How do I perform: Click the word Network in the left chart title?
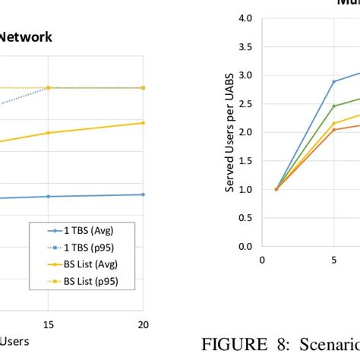pyautogui.click(x=26, y=36)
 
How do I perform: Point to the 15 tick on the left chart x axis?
pyautogui.click(x=49, y=324)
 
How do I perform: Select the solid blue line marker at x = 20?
pyautogui.click(x=144, y=194)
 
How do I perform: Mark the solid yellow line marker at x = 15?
pyautogui.click(x=49, y=133)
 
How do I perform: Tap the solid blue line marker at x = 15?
pyautogui.click(x=49, y=196)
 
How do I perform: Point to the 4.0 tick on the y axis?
pyautogui.click(x=244, y=17)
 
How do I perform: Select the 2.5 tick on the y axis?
pyautogui.click(x=244, y=103)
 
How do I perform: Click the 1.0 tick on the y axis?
pyautogui.click(x=244, y=189)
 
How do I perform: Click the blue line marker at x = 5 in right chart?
pyautogui.click(x=333, y=81)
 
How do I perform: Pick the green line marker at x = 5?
pyautogui.click(x=333, y=106)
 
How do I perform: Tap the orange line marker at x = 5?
pyautogui.click(x=333, y=130)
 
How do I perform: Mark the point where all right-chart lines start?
pyautogui.click(x=276, y=189)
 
